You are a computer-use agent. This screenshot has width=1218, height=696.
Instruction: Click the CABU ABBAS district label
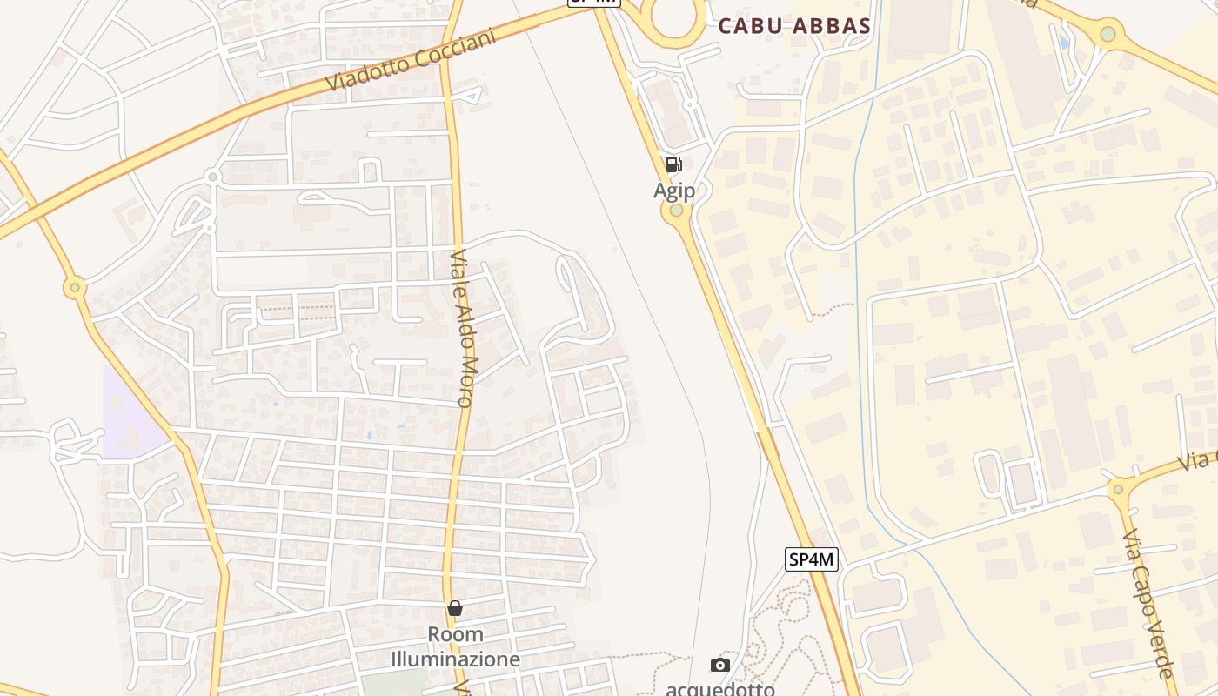(794, 26)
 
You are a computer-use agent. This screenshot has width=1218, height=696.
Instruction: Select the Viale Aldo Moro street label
(464, 329)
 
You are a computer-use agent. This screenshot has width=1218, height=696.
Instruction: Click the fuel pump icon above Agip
(673, 164)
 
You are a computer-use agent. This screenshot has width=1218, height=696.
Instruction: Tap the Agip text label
(674, 190)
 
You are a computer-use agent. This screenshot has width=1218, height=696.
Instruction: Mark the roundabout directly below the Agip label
(676, 211)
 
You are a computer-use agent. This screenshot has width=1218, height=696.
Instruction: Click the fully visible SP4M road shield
(812, 559)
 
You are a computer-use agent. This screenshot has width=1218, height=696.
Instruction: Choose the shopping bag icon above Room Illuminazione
(454, 608)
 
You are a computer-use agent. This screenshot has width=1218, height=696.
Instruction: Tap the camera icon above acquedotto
(720, 666)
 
